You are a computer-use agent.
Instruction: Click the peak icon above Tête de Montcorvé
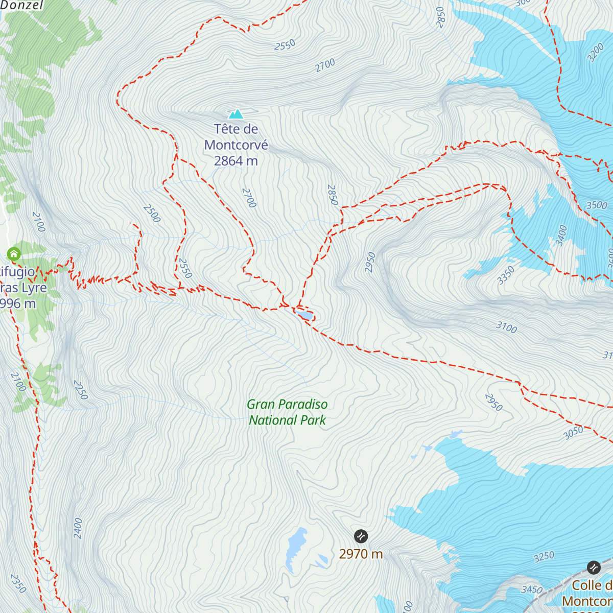coord(235,113)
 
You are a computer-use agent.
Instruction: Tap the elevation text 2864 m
coord(236,161)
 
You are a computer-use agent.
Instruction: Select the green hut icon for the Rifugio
coord(14,253)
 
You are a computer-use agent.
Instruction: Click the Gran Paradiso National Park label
coord(287,412)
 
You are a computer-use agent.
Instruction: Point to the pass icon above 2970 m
coord(361,536)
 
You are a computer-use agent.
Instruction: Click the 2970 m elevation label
coord(361,554)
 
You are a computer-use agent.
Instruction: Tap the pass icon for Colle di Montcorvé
coord(594,568)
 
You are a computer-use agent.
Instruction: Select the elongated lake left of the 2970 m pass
coord(295,549)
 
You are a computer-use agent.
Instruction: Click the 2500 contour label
coord(152,214)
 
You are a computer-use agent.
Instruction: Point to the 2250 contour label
coord(80,390)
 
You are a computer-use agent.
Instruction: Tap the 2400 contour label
coord(78,528)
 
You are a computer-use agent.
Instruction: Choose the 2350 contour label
coord(18,584)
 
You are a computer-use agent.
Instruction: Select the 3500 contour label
coord(597,205)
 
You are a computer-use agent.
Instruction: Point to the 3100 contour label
coord(506,327)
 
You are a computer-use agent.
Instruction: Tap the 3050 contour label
coord(573,433)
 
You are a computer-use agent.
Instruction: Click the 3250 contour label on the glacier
coord(544,556)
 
